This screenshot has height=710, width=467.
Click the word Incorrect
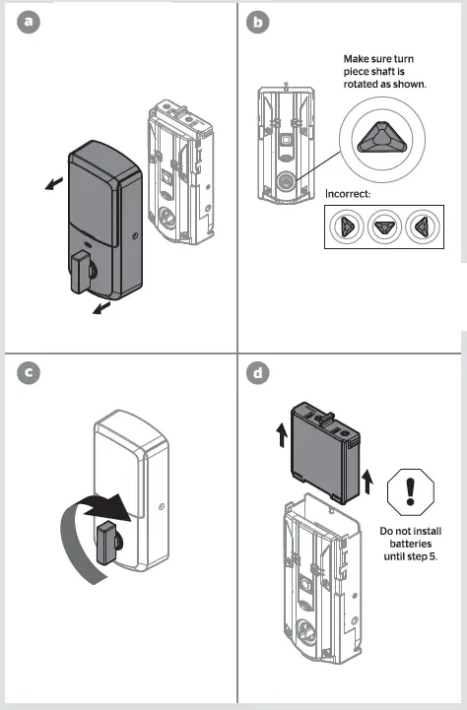click(x=348, y=193)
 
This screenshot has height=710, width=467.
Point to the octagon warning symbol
click(x=411, y=489)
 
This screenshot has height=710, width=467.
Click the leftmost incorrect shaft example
click(x=348, y=226)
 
